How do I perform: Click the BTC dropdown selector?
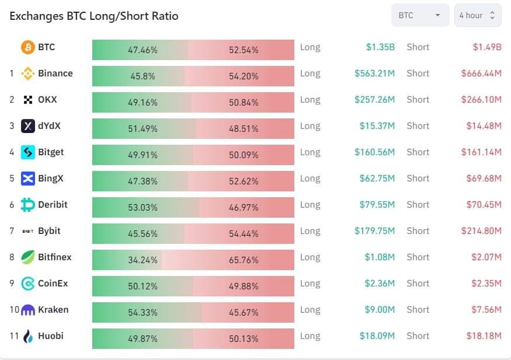point(420,16)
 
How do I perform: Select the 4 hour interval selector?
point(477,16)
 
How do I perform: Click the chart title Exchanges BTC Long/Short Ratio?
point(94,16)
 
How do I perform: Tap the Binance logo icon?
point(28,74)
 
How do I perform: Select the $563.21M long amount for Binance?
point(374,74)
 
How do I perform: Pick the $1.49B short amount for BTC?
point(487,47)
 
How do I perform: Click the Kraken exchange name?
point(53,310)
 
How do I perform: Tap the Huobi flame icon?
point(28,336)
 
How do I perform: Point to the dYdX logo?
point(28,126)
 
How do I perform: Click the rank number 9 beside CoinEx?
point(12,284)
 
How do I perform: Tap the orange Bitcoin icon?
point(28,47)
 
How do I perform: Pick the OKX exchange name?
point(48,100)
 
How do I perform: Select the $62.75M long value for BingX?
point(377,179)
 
